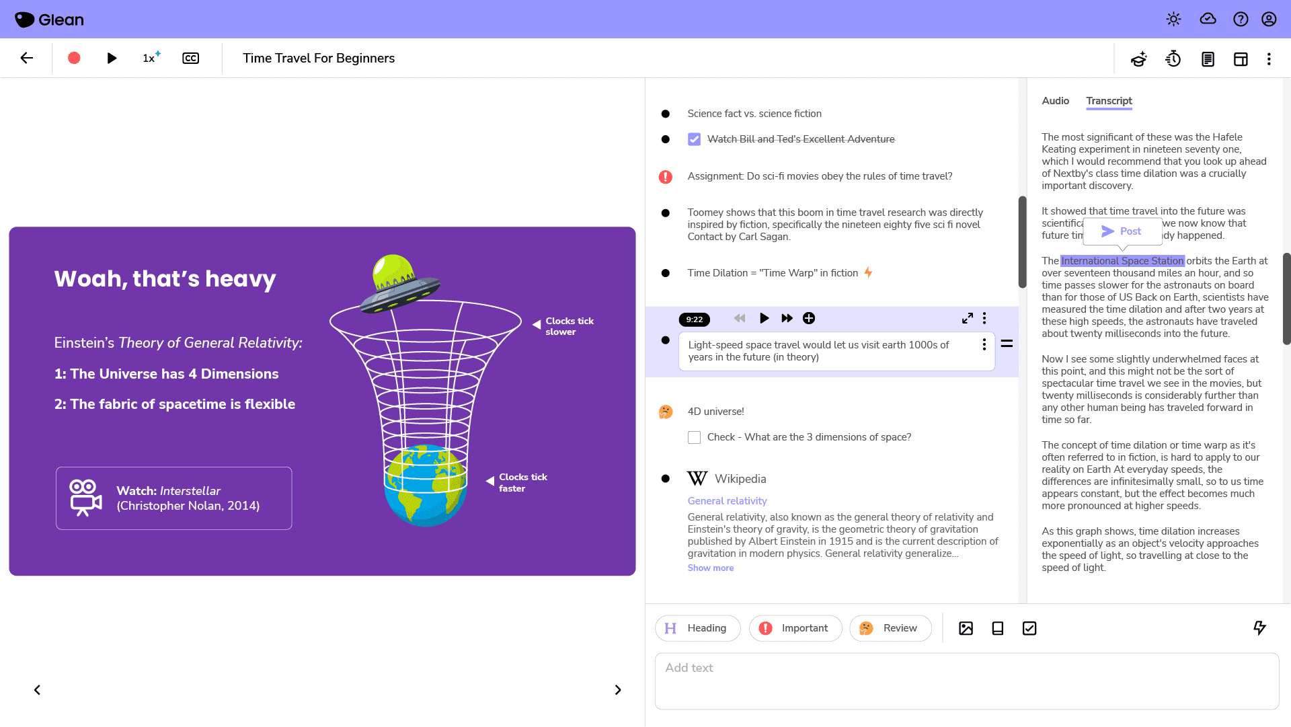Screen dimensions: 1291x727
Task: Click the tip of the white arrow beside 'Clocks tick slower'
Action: click(533, 325)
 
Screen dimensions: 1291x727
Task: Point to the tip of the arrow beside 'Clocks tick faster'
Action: click(486, 481)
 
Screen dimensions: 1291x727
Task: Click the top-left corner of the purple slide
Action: click(9, 227)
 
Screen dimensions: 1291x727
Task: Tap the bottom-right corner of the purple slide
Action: click(635, 575)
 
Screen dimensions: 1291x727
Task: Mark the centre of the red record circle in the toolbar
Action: click(74, 59)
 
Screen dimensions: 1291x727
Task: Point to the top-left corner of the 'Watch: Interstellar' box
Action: click(56, 467)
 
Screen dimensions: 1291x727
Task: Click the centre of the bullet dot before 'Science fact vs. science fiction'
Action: click(666, 114)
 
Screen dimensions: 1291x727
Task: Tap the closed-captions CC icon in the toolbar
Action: click(191, 59)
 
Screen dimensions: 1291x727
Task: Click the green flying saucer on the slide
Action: click(398, 283)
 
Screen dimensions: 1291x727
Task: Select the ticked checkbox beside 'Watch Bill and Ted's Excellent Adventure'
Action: click(695, 139)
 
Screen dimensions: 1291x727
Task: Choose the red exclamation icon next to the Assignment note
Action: click(666, 177)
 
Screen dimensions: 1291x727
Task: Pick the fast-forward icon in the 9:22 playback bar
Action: click(787, 318)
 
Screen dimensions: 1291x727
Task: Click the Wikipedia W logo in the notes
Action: click(697, 478)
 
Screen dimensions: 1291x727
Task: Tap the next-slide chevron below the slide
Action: click(618, 690)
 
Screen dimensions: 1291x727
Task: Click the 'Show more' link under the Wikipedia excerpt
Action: click(711, 568)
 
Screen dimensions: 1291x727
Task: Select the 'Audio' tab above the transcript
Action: click(1056, 101)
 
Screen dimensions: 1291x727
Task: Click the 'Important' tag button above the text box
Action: click(795, 628)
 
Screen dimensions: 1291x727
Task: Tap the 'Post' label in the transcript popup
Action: click(1130, 231)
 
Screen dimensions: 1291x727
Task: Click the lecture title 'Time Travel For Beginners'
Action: click(319, 59)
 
